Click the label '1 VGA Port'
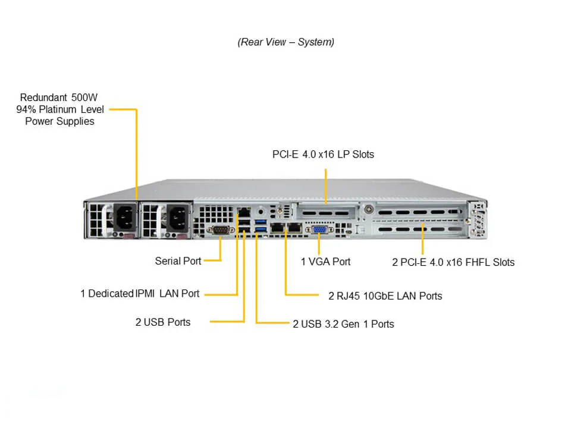point(325,262)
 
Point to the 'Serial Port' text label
point(178,260)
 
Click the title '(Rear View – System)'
point(286,42)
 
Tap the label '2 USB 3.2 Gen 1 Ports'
point(343,324)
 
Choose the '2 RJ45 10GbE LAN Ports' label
point(385,295)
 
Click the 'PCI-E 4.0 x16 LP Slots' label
point(323,155)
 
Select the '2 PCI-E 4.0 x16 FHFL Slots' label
point(453,262)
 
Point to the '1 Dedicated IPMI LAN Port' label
point(140,293)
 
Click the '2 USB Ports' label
point(163,322)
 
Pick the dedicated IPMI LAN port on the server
point(244,212)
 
